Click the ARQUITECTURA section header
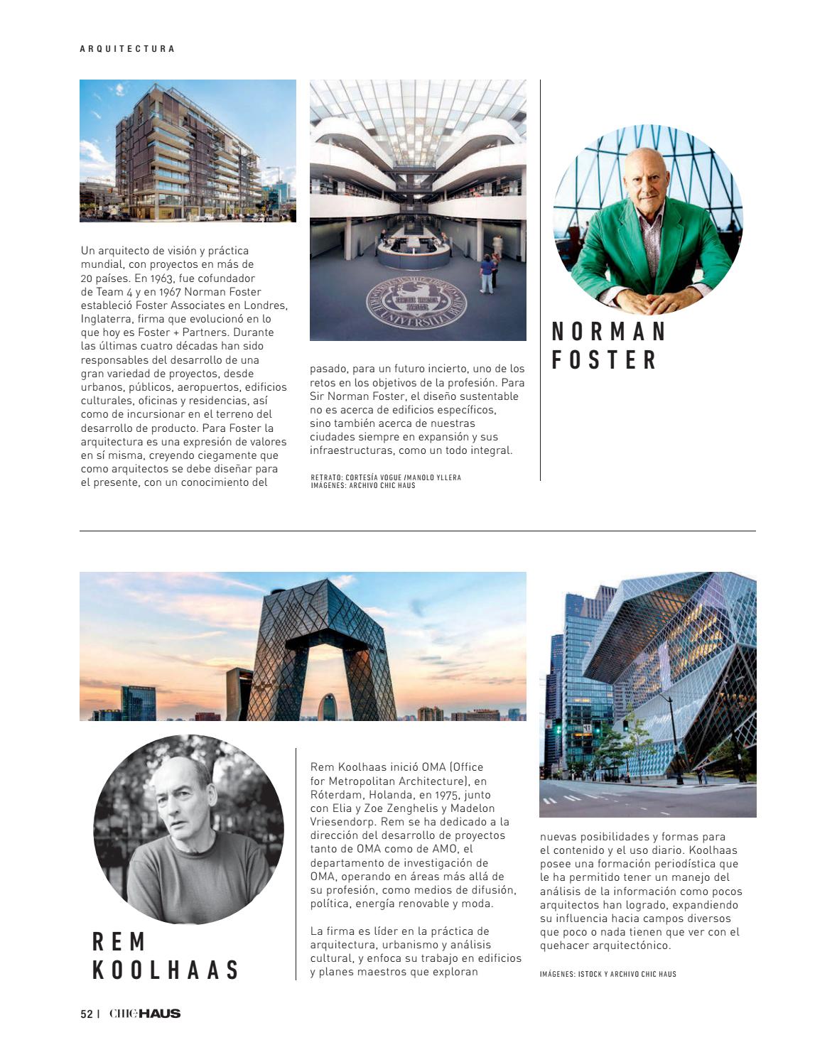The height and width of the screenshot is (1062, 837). pyautogui.click(x=127, y=49)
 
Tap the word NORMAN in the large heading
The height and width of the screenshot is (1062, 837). pyautogui.click(x=609, y=332)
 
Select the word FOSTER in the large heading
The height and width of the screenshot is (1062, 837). pyautogui.click(x=605, y=360)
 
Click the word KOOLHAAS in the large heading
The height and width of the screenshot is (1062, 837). pyautogui.click(x=166, y=970)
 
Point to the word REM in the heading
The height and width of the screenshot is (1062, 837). pyautogui.click(x=119, y=942)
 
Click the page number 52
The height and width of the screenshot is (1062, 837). pyautogui.click(x=86, y=1014)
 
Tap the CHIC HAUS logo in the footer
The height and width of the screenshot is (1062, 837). pyautogui.click(x=145, y=1014)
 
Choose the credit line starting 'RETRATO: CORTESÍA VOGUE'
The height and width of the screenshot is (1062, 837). pyautogui.click(x=386, y=477)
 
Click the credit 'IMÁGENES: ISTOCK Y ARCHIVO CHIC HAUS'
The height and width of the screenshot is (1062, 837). pyautogui.click(x=607, y=974)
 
